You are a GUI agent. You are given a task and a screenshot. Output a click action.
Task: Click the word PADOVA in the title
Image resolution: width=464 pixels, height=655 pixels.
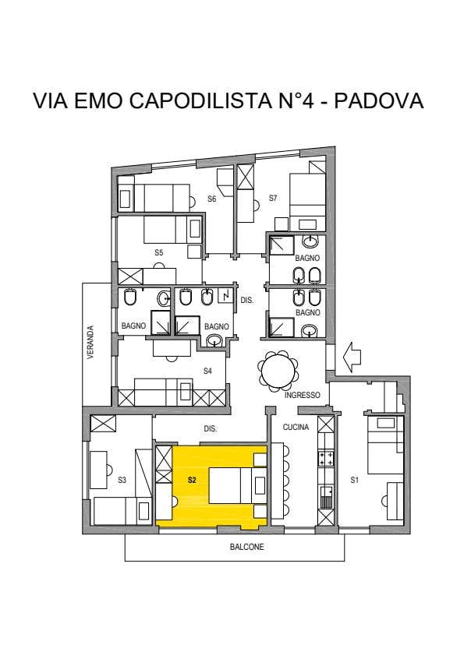pyautogui.click(x=379, y=100)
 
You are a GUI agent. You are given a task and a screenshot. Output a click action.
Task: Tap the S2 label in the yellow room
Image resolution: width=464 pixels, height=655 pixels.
pyautogui.click(x=192, y=481)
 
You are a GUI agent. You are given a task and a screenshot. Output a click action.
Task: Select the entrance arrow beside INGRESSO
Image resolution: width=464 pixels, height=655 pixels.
pyautogui.click(x=352, y=357)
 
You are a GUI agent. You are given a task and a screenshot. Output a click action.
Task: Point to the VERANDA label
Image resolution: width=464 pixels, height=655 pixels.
pyautogui.click(x=90, y=343)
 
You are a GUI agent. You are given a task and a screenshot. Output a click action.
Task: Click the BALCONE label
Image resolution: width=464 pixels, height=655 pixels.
pyautogui.click(x=247, y=547)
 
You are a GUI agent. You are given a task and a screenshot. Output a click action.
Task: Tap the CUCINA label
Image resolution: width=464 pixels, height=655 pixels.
pyautogui.click(x=296, y=427)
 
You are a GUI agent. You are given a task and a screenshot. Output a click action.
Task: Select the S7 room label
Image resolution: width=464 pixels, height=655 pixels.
pyautogui.click(x=273, y=198)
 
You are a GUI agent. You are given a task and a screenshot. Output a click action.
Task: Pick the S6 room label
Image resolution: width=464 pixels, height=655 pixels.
pyautogui.click(x=212, y=199)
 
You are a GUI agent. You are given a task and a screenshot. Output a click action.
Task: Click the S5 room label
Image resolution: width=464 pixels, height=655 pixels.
pyautogui.click(x=158, y=252)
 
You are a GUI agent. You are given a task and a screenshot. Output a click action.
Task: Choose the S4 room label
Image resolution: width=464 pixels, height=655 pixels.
pyautogui.click(x=207, y=371)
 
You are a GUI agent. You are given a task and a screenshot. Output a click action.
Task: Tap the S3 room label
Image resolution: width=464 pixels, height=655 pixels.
pyautogui.click(x=122, y=481)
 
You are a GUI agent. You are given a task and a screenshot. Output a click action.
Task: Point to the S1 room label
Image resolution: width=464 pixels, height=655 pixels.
pyautogui.click(x=354, y=481)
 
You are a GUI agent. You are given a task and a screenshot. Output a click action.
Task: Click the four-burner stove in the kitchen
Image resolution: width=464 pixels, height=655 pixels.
pyautogui.click(x=326, y=458)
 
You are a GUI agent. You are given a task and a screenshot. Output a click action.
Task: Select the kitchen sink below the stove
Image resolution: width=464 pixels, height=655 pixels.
pyautogui.click(x=326, y=497)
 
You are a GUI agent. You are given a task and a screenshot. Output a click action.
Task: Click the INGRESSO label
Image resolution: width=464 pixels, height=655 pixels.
pyautogui.click(x=302, y=395)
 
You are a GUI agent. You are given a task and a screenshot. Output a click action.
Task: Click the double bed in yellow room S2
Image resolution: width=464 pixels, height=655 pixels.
pyautogui.click(x=238, y=485)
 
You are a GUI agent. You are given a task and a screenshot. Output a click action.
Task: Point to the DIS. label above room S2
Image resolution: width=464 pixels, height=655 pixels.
pyautogui.click(x=211, y=428)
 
